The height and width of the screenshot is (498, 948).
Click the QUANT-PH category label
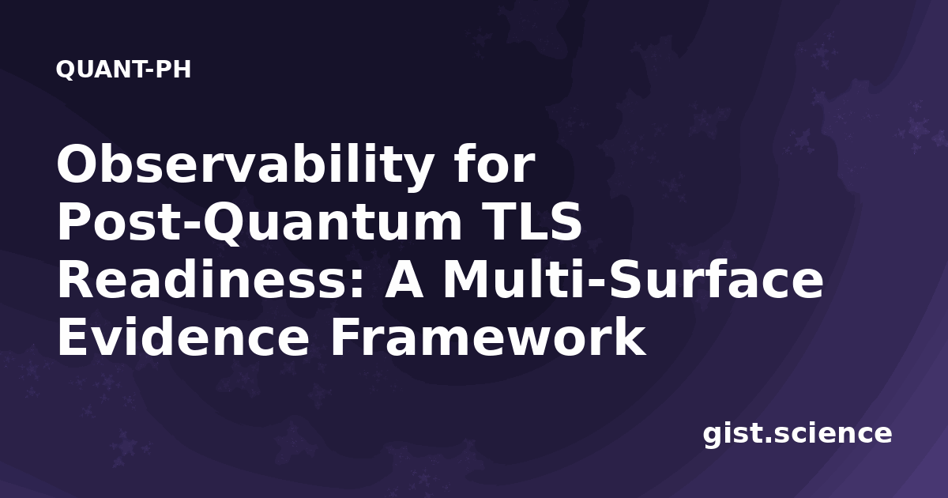click(123, 70)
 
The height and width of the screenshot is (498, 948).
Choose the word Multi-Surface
click(633, 279)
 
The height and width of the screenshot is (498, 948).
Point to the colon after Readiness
click(358, 285)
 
